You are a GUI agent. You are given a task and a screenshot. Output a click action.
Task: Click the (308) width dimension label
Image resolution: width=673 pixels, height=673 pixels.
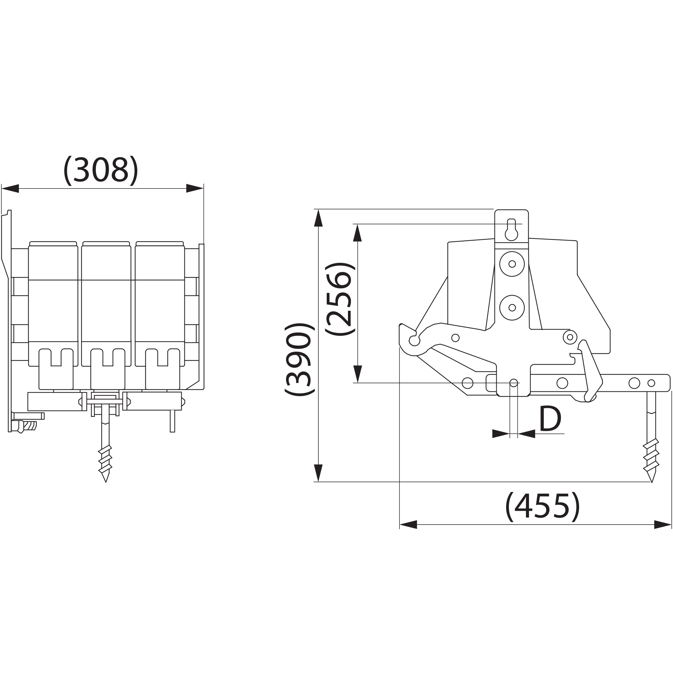(x=101, y=171)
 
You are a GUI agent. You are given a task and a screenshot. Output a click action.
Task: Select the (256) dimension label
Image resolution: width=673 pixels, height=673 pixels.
(x=340, y=298)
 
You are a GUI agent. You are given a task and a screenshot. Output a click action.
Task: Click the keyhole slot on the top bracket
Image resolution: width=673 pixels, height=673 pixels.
(x=511, y=229)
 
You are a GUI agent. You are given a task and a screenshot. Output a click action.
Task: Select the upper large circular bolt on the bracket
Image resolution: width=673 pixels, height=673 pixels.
(x=512, y=264)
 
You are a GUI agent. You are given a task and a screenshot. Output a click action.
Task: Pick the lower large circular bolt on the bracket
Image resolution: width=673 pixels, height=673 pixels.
(x=512, y=308)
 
